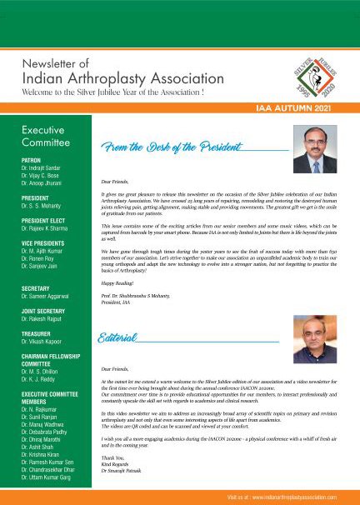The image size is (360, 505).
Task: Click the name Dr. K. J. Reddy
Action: [x=43, y=376]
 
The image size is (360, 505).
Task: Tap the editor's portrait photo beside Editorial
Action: [x=306, y=337]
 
